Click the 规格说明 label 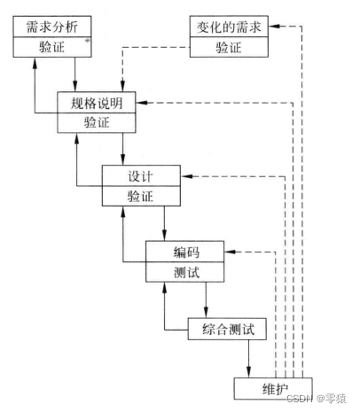pos(95,104)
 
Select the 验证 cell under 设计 pos(139,196)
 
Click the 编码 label pos(184,252)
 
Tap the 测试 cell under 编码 pos(184,271)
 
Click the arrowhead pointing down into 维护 pos(248,372)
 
